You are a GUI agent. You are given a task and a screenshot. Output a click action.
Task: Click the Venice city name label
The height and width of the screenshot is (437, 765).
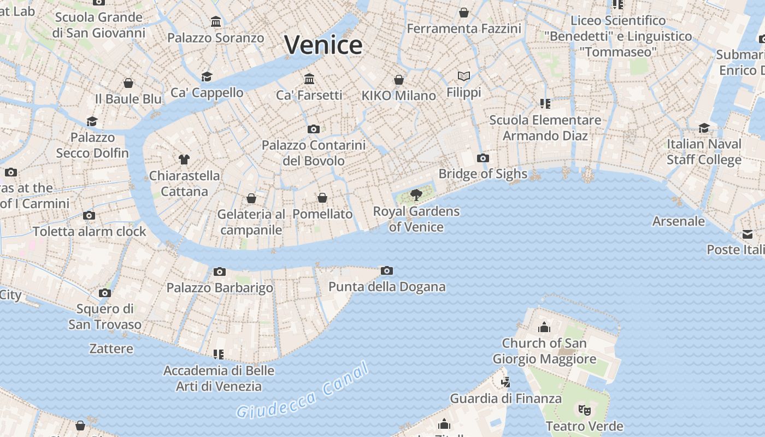(x=323, y=45)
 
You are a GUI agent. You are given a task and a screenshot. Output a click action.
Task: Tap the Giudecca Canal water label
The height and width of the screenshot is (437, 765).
(x=303, y=391)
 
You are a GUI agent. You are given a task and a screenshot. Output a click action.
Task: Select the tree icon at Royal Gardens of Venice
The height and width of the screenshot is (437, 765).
(x=416, y=194)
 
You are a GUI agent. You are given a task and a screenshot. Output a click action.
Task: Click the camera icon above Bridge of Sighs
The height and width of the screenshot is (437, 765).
(x=482, y=158)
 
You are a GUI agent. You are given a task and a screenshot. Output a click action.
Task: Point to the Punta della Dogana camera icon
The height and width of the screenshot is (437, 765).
(x=387, y=270)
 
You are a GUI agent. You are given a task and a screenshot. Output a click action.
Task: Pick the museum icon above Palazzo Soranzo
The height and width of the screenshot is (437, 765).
(x=216, y=22)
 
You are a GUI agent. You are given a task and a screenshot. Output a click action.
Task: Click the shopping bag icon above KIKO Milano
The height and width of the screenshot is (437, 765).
(x=399, y=80)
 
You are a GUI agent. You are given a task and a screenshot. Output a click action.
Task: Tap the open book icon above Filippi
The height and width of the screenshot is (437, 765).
(x=464, y=76)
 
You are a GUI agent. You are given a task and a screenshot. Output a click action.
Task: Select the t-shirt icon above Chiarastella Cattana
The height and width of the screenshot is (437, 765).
(x=184, y=160)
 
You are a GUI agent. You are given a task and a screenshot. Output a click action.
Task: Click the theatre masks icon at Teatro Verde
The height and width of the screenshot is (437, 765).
(x=584, y=409)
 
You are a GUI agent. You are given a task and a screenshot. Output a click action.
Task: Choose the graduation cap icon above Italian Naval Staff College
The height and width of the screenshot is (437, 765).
(x=704, y=128)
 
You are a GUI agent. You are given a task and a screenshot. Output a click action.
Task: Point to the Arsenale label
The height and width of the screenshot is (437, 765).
(x=679, y=221)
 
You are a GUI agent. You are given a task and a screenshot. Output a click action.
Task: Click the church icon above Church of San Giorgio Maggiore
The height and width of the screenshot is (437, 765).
(x=544, y=327)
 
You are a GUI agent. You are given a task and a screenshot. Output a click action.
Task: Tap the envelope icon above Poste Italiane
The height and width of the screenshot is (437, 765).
(x=747, y=234)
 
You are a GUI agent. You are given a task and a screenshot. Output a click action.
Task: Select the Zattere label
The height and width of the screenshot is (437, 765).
(x=111, y=349)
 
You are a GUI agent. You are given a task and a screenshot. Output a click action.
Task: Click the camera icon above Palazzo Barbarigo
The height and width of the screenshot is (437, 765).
(x=220, y=271)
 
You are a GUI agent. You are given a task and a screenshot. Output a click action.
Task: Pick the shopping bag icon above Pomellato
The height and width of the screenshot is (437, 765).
(x=322, y=198)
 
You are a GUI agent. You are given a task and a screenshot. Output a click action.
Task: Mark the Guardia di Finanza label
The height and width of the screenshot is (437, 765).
(x=505, y=398)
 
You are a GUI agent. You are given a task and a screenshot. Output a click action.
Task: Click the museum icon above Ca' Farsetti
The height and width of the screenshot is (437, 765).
(x=309, y=79)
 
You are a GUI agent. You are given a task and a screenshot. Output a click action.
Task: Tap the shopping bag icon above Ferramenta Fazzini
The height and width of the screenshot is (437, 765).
(x=464, y=13)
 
